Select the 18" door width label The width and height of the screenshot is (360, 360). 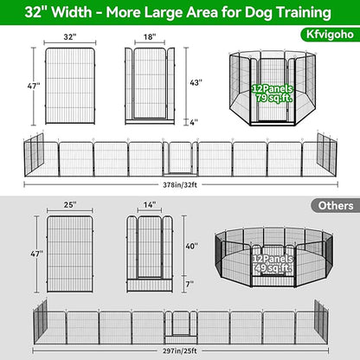coord(151,37)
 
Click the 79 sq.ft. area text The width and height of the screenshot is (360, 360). coord(274,98)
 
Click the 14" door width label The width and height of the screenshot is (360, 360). coord(151,205)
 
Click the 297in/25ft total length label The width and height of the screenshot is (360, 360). coord(181,351)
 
